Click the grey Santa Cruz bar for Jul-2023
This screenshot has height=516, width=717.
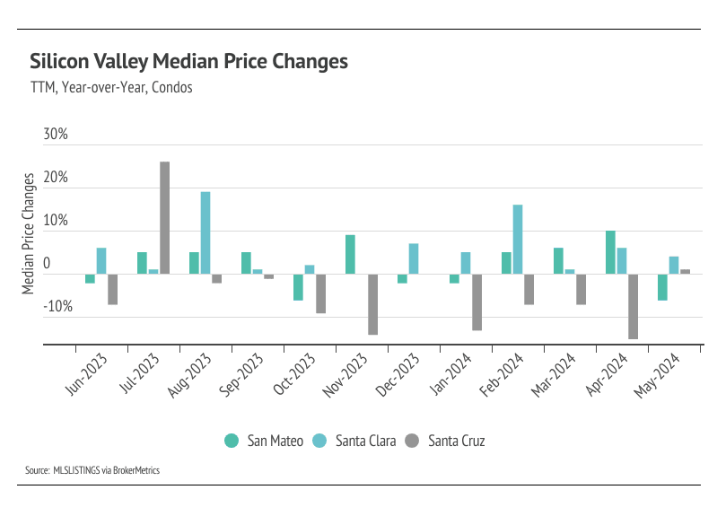click(164, 218)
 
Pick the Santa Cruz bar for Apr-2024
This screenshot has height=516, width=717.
click(633, 307)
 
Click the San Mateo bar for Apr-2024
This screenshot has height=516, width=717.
click(610, 253)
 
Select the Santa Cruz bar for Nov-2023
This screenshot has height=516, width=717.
click(372, 304)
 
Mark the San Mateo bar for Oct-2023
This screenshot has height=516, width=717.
click(298, 287)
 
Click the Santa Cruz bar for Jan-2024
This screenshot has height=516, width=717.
click(477, 302)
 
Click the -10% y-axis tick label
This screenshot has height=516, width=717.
click(56, 307)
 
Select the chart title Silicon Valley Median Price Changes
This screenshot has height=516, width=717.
click(188, 62)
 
